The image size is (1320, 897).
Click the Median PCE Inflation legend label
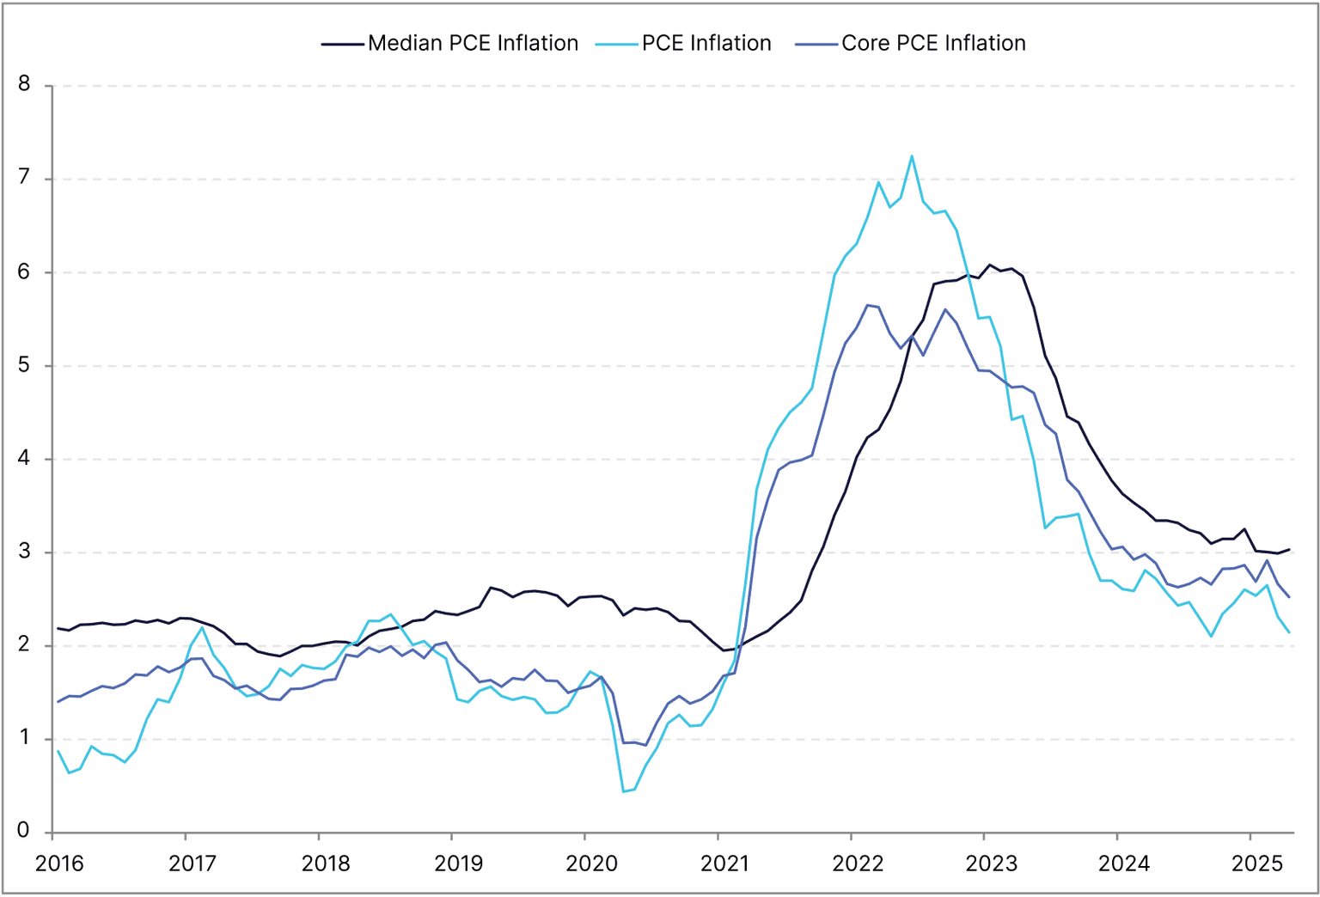click(473, 43)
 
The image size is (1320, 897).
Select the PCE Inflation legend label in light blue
click(706, 43)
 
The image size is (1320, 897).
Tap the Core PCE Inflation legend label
click(933, 43)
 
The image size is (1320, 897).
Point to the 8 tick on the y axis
click(24, 84)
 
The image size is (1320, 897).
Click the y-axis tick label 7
click(24, 178)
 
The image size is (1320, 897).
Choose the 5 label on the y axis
click(24, 365)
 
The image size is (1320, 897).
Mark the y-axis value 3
click(24, 552)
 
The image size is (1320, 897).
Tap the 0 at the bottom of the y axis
click(24, 831)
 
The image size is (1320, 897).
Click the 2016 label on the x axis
click(59, 863)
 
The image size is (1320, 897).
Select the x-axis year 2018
click(326, 863)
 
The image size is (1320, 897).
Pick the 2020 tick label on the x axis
click(591, 863)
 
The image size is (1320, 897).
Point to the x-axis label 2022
click(858, 863)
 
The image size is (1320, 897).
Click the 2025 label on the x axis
click(1256, 863)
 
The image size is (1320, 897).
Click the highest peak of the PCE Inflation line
click(912, 156)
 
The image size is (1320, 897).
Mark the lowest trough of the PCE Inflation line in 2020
click(623, 791)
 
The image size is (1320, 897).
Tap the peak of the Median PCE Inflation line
click(989, 265)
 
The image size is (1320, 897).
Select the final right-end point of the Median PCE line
click(1289, 550)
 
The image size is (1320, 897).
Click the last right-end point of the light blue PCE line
click(1289, 632)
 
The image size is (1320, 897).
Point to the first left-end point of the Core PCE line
click(58, 702)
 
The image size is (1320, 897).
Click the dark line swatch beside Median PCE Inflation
click(342, 44)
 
